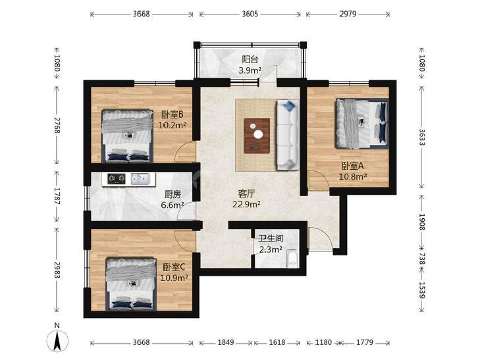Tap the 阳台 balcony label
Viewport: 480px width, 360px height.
(250, 59)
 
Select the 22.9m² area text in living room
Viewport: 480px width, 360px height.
(246, 204)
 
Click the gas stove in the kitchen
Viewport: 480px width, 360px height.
(117, 178)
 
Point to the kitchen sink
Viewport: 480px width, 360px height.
(140, 178)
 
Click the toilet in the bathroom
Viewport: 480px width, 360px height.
(292, 259)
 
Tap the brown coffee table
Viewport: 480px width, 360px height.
(257, 136)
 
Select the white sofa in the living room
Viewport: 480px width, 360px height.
(288, 134)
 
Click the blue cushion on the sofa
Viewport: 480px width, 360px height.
(288, 106)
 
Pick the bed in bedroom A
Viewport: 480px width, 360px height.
(362, 124)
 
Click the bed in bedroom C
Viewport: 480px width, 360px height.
(131, 284)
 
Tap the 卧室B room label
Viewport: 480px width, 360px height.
(173, 115)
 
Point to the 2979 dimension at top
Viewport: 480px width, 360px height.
(348, 14)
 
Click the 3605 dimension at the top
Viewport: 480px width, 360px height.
(250, 14)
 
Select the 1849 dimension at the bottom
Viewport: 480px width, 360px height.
(226, 342)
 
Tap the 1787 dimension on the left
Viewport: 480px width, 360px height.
(57, 195)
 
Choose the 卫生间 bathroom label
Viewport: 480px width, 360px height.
(271, 239)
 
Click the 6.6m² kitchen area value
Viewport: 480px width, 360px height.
(173, 205)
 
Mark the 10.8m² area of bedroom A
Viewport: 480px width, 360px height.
(353, 176)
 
